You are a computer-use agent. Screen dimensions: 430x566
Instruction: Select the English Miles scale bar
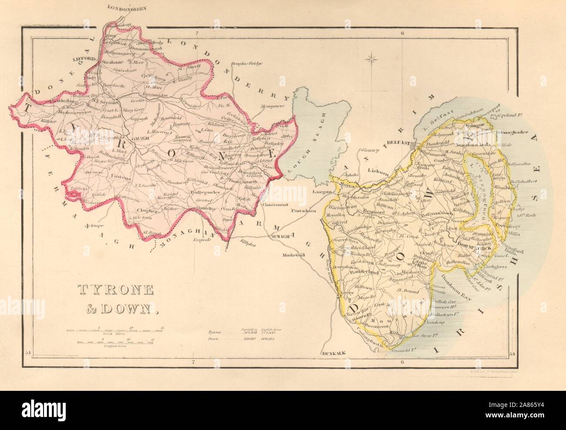coord(118,341)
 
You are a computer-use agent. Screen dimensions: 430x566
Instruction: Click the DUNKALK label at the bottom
coord(334,353)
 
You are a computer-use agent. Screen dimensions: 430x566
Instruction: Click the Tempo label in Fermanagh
coord(94,225)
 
